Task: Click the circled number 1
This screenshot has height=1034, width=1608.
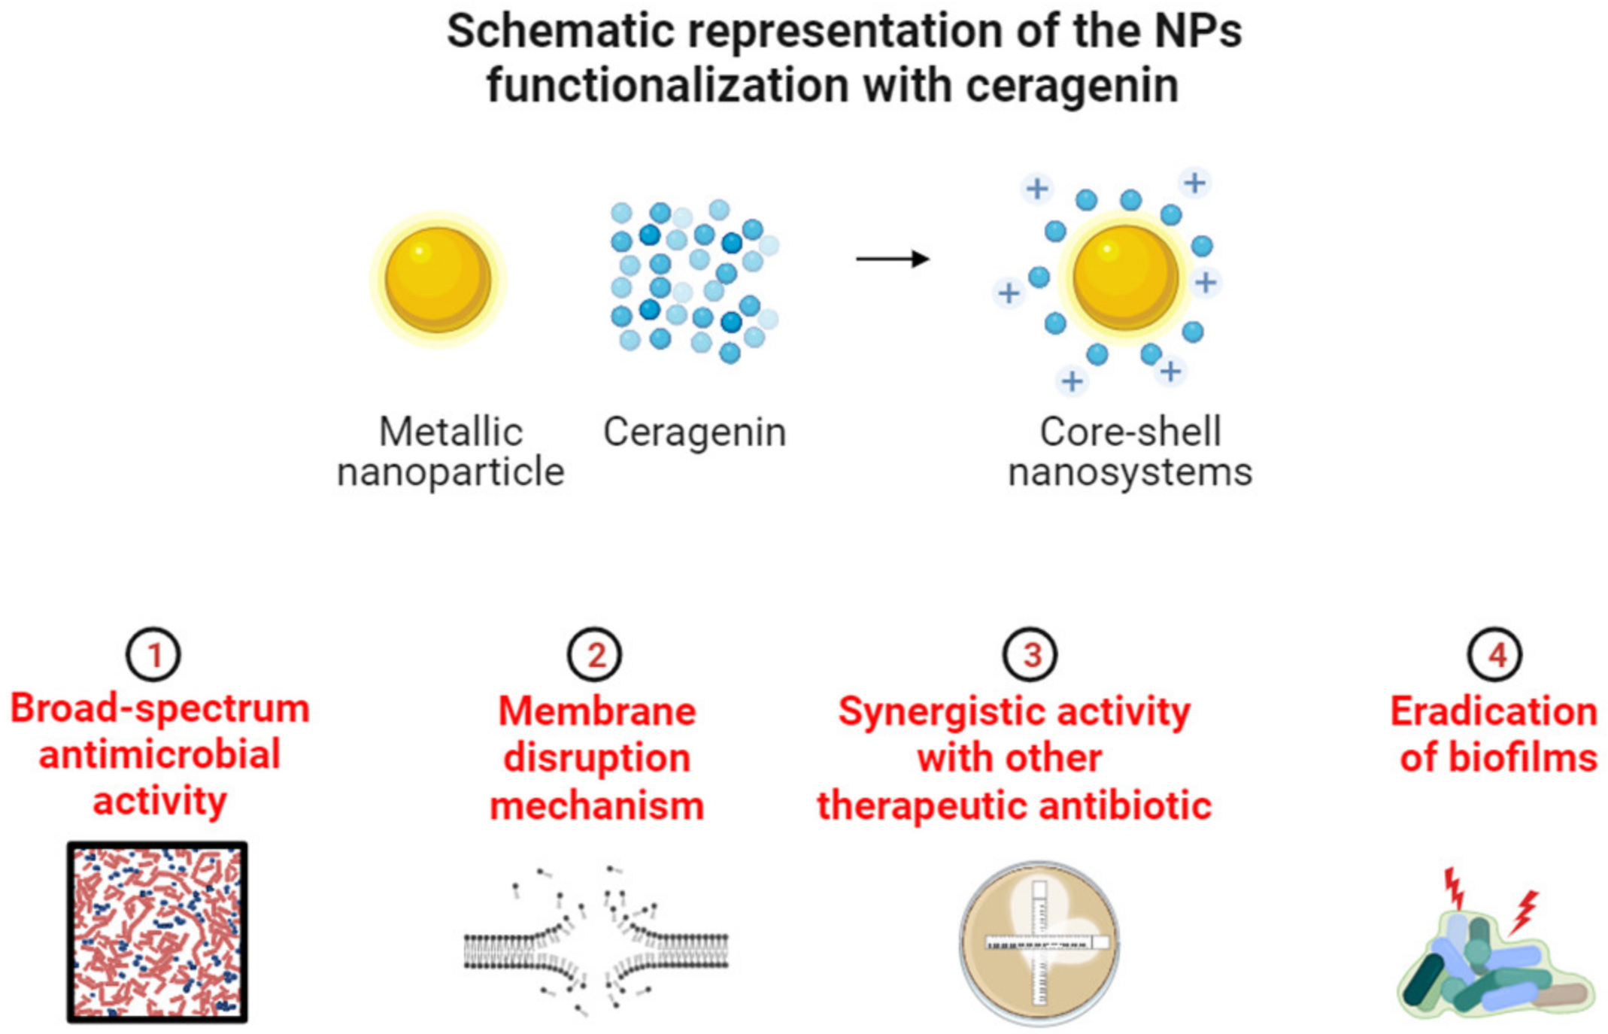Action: click(x=153, y=655)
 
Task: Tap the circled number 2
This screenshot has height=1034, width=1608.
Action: click(x=594, y=655)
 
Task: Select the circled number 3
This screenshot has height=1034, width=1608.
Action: click(x=1030, y=655)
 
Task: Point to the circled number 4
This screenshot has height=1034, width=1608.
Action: click(x=1494, y=655)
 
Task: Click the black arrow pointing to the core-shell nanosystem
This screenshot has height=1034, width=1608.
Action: click(x=893, y=259)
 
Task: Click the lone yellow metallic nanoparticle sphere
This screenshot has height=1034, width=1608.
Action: click(x=438, y=280)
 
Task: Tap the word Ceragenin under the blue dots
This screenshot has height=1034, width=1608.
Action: click(x=694, y=432)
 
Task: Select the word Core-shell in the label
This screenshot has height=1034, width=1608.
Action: click(x=1130, y=432)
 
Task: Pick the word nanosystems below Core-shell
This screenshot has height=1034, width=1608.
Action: click(x=1130, y=473)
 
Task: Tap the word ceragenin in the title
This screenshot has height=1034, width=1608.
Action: click(x=1072, y=85)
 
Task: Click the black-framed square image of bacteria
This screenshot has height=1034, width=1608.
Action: click(x=157, y=932)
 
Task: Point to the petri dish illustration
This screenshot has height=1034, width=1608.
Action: click(x=1039, y=943)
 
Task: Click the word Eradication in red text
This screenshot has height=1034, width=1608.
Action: click(x=1493, y=711)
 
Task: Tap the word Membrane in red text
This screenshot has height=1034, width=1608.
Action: click(x=597, y=711)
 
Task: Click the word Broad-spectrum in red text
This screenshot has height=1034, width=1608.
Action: click(x=159, y=708)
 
